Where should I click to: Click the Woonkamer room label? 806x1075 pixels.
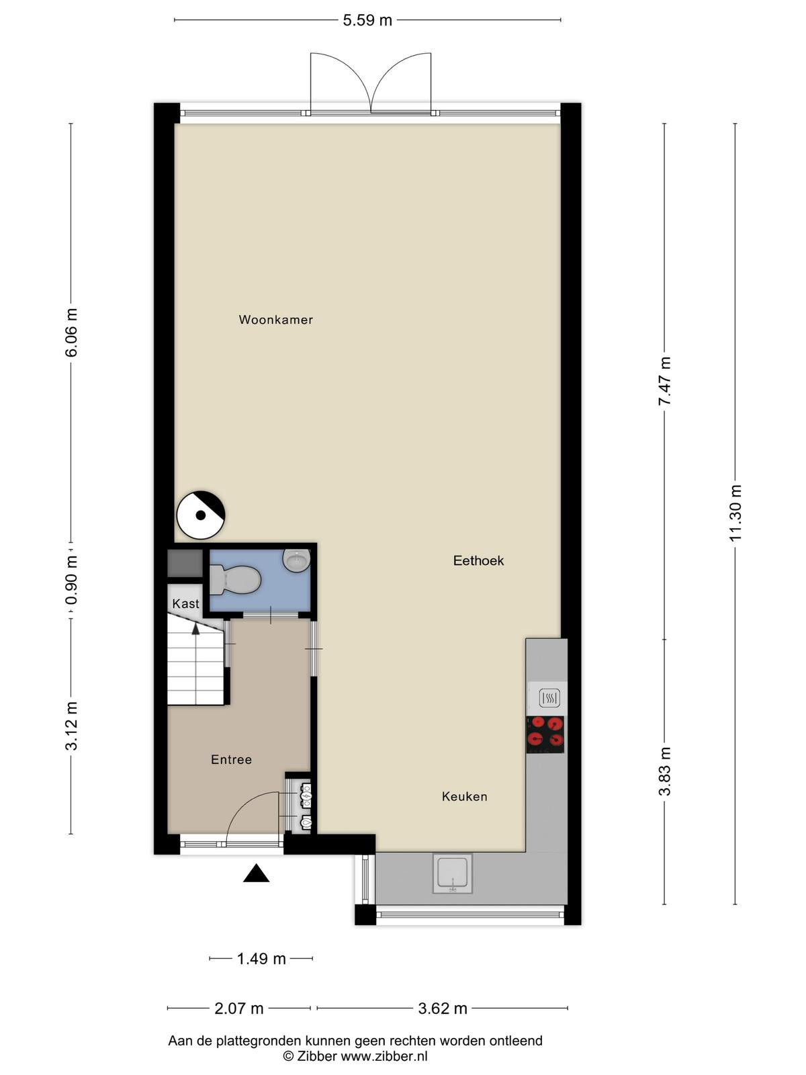click(x=275, y=320)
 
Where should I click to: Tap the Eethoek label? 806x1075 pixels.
click(x=478, y=561)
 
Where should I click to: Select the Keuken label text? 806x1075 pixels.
click(x=464, y=797)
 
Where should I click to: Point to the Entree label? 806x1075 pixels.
click(x=232, y=760)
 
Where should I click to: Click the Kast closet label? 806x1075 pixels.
click(x=185, y=603)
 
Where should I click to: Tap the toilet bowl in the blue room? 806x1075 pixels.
click(x=235, y=580)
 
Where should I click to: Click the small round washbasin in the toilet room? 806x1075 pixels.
click(x=297, y=561)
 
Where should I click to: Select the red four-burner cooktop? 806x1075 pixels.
click(x=545, y=734)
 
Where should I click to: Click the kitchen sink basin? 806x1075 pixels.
click(x=453, y=873)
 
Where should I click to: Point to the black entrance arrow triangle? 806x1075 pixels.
click(x=257, y=873)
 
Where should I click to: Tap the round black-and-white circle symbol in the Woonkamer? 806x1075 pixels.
click(x=201, y=515)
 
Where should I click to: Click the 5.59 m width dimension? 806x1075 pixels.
click(x=367, y=21)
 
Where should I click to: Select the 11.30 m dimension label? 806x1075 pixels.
click(x=735, y=513)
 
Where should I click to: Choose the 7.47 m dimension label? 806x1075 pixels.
click(x=664, y=380)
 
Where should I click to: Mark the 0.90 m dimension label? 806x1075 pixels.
click(x=71, y=581)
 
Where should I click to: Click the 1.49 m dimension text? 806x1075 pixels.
click(x=261, y=959)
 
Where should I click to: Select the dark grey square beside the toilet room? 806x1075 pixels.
click(x=185, y=563)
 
